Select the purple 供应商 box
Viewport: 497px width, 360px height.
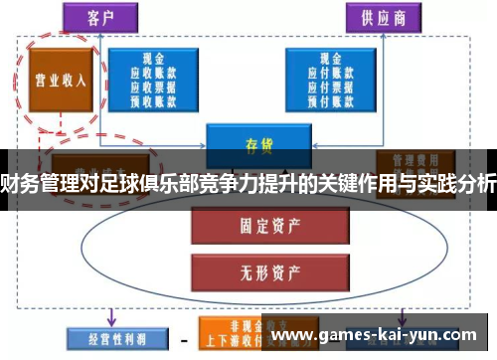pos(382,18)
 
